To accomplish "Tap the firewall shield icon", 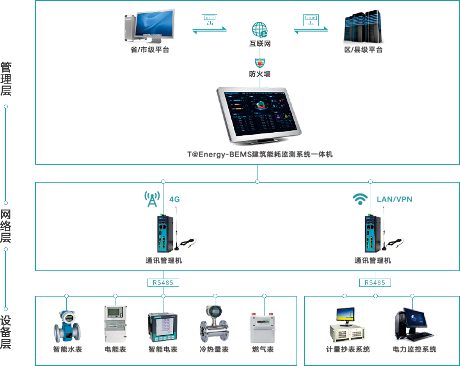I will pos(260,62).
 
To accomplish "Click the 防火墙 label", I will pos(260,74).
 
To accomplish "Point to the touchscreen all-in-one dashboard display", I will pos(259,115).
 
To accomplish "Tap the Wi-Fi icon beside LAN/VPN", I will pos(360,199).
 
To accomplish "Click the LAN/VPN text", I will pos(394,199).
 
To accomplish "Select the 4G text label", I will pos(174,199).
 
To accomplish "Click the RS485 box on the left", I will pos(163,282).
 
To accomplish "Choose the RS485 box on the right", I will pos(375,282).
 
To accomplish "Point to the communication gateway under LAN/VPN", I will pos(371,234).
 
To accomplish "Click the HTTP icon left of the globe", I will pos(210,20).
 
